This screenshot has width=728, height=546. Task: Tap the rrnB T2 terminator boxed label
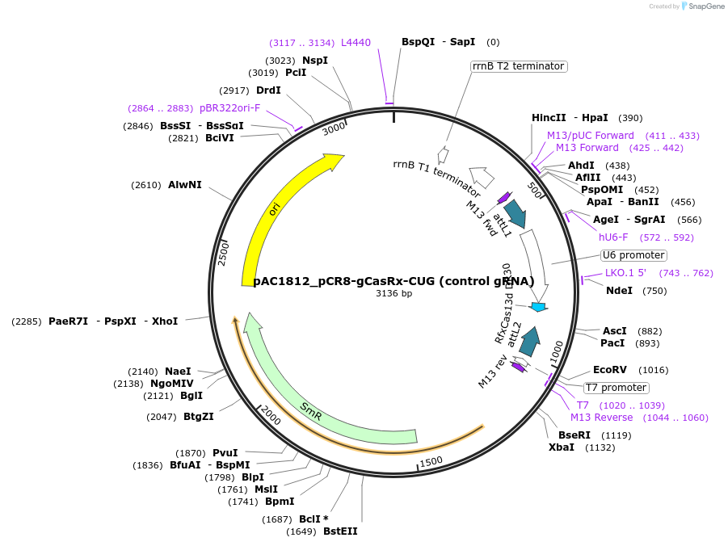pos(518,66)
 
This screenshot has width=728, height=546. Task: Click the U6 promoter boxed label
pos(633,255)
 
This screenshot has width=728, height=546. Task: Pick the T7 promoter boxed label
pos(616,388)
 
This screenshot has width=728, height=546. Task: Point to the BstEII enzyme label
pos(340,531)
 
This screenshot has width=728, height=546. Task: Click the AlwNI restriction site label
pos(185,185)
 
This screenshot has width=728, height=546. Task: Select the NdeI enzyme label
pos(619,291)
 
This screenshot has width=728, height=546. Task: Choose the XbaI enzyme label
pos(562,447)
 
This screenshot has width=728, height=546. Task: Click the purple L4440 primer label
pos(356,43)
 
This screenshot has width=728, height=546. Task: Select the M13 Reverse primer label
pos(601,418)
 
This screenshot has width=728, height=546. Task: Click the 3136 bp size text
pos(393,293)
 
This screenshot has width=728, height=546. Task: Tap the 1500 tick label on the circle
pos(431,461)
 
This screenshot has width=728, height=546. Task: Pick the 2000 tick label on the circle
pos(271,416)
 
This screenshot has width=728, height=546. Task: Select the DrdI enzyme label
pos(268,90)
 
